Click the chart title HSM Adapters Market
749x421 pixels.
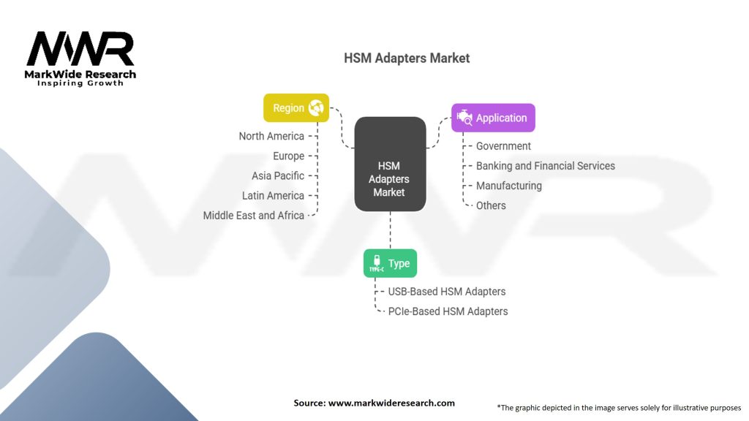tap(407, 58)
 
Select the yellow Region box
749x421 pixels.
tap(296, 108)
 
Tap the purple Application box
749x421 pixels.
tap(493, 118)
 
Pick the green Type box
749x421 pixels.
tap(390, 264)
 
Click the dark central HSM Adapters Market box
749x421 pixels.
tap(389, 165)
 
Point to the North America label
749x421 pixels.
tap(271, 136)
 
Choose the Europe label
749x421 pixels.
tap(288, 156)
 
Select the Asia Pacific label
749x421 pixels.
tap(278, 175)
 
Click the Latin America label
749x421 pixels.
tap(273, 195)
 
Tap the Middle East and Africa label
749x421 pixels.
tap(254, 215)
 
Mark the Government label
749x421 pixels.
tap(503, 146)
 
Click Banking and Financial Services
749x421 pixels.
tap(545, 166)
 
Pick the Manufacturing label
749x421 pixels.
tap(508, 186)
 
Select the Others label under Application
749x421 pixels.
tap(491, 205)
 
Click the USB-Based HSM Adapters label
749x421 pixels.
tap(447, 292)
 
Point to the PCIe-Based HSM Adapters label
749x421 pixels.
tap(448, 311)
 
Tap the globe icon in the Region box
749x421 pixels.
tap(317, 108)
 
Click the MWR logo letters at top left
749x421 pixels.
tap(80, 50)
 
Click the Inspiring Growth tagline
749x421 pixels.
tap(80, 83)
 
